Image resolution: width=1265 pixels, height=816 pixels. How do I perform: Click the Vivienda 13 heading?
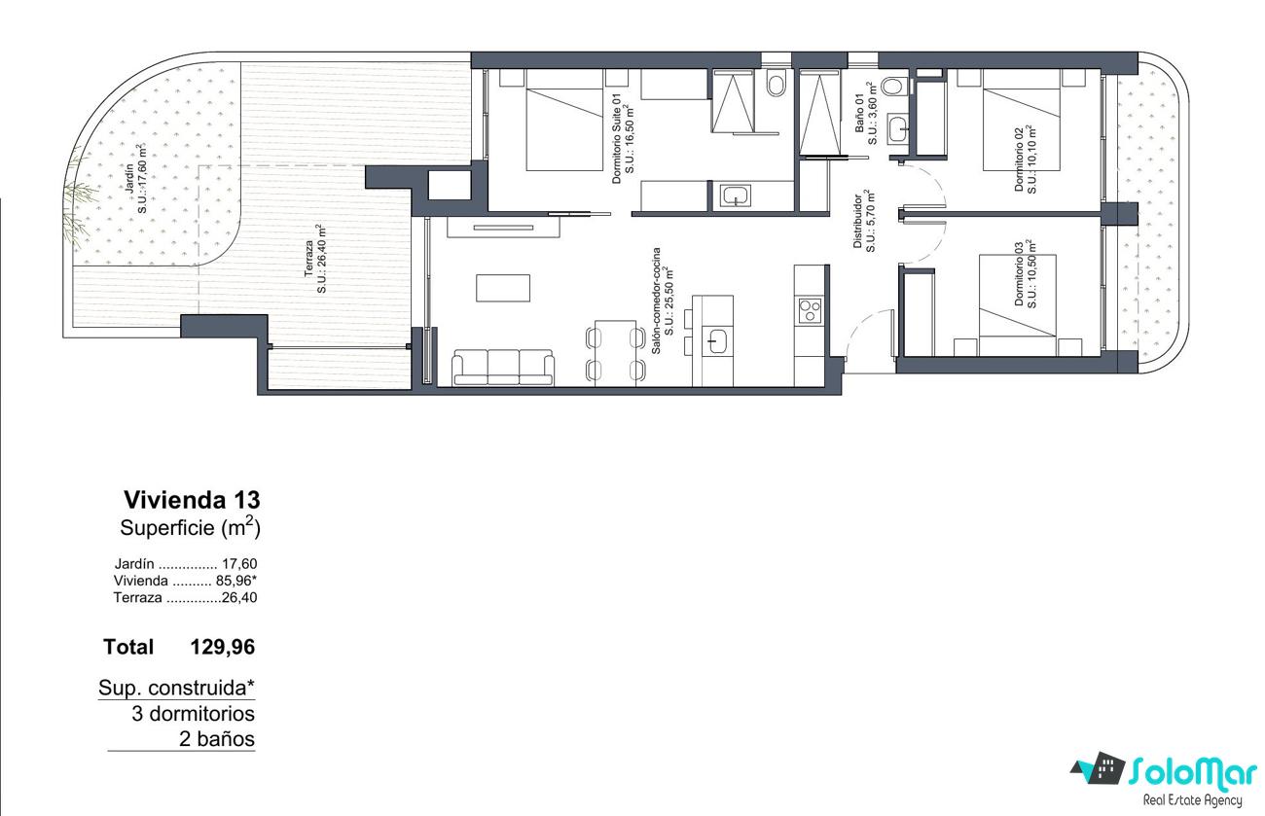coord(192,499)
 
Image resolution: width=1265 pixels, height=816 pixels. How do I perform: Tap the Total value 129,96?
coord(223,647)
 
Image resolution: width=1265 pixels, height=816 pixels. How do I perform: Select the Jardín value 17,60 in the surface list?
coord(239,563)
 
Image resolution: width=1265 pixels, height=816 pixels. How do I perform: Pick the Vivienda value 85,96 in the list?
coord(234,580)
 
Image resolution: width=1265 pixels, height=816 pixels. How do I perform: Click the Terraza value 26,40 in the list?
coord(239,597)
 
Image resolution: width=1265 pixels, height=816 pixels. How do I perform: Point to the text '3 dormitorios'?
coord(193,714)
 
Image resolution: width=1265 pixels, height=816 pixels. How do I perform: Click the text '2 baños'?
coord(217,739)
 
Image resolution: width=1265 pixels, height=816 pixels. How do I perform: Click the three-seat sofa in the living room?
coord(503,368)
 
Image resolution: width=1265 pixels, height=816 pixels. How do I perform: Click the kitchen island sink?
coord(718,341)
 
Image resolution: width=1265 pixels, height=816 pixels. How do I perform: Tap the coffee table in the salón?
coord(503,288)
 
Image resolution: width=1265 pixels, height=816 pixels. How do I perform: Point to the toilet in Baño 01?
coord(893,87)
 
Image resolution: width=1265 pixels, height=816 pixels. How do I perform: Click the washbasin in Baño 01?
coord(897,128)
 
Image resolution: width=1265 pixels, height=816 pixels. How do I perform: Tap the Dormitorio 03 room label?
coord(1025,274)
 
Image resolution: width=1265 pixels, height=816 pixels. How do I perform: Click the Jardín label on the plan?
coord(136,179)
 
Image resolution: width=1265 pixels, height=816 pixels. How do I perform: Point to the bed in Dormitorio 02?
coord(1022,120)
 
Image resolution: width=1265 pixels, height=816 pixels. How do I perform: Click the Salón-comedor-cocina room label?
coord(662,301)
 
